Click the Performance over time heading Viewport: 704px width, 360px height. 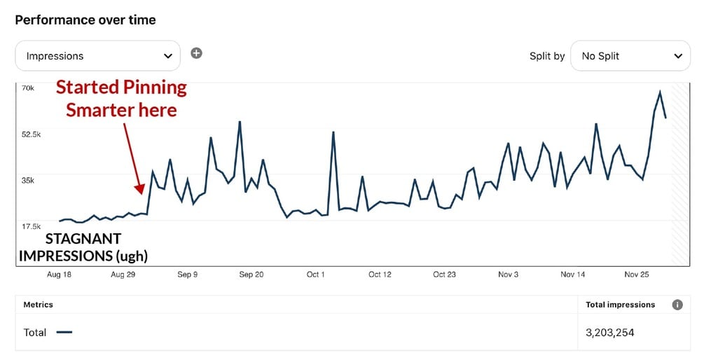(85, 20)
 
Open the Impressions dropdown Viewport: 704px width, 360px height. (97, 56)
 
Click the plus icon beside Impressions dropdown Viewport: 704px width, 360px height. (197, 53)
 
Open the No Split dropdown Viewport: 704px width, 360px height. (630, 56)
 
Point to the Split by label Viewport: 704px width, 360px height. (547, 56)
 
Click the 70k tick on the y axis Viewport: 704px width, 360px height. (29, 88)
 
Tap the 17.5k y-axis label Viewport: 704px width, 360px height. (32, 226)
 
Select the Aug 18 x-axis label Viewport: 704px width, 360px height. (58, 275)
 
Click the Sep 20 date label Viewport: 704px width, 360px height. (251, 275)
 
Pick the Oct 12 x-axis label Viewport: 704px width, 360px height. (380, 275)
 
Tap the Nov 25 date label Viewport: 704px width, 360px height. (636, 275)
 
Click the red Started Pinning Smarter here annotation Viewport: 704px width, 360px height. (121, 99)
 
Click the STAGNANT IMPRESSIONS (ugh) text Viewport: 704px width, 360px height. (83, 247)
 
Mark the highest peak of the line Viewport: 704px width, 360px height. (660, 92)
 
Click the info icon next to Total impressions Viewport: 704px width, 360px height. (677, 305)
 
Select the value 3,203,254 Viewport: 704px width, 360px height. (610, 333)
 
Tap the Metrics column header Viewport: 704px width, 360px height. (39, 305)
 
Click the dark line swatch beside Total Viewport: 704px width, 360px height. (64, 333)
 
